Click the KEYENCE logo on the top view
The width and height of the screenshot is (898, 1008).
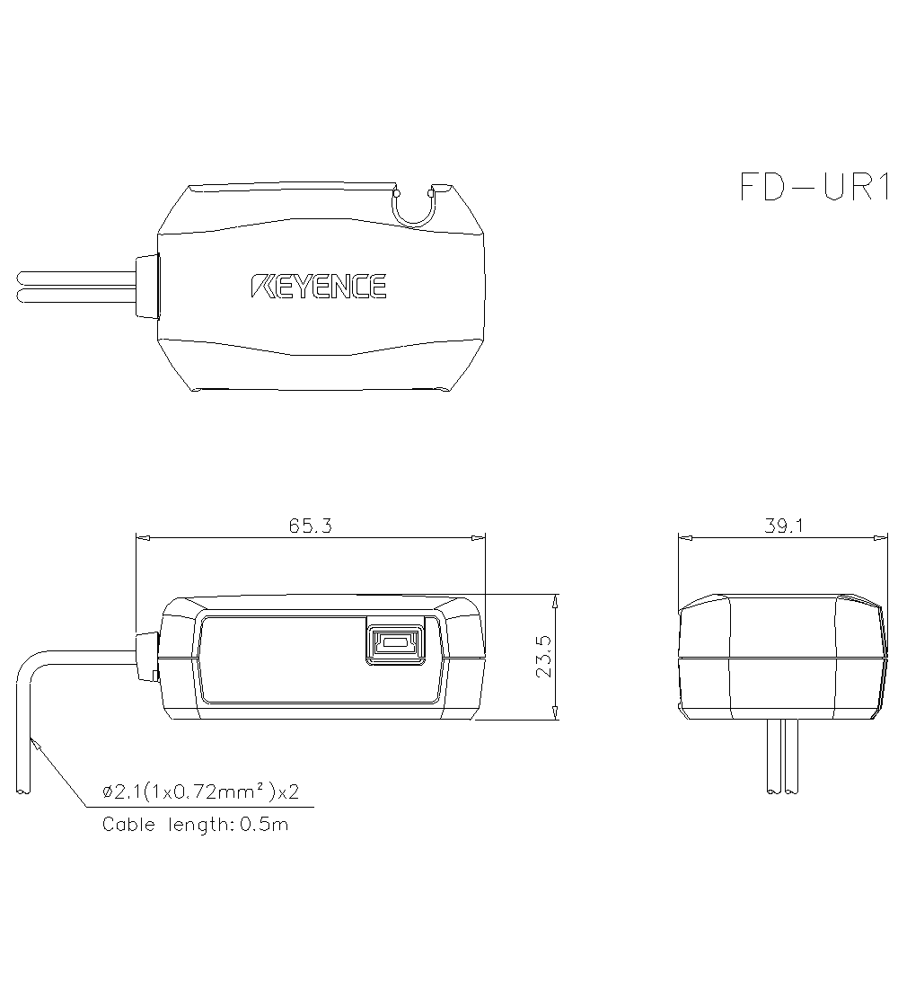coord(318,287)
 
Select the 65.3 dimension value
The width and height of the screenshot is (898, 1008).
coord(311,526)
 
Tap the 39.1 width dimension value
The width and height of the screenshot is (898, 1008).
coord(783,526)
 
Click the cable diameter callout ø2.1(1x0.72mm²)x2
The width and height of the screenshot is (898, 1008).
coord(200,792)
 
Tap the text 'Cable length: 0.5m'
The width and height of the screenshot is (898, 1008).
coord(195,824)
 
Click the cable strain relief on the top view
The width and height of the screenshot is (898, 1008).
coord(145,287)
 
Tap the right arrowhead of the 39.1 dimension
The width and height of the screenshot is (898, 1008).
coord(882,538)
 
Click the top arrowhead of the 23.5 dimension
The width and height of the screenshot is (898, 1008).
coord(556,600)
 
